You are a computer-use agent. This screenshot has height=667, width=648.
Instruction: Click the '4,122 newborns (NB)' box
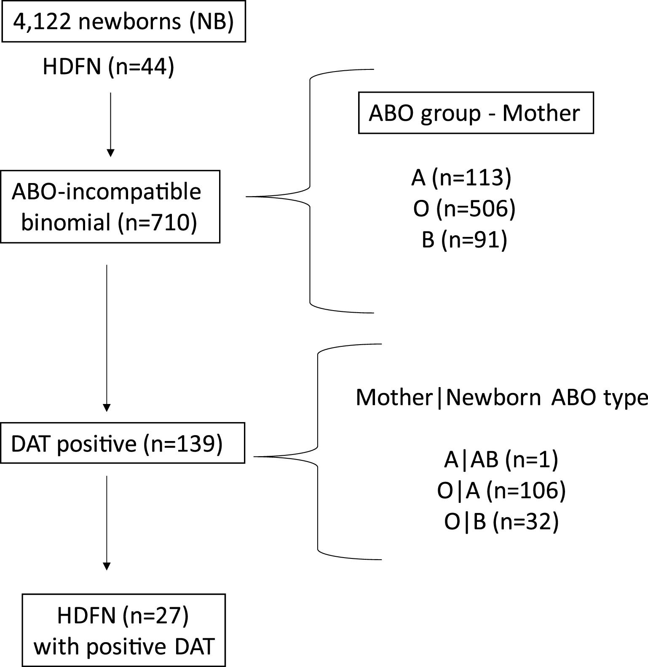point(123,21)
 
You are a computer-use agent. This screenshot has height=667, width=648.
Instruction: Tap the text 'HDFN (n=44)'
point(108,66)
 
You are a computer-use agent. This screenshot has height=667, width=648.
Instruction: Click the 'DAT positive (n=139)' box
point(122,443)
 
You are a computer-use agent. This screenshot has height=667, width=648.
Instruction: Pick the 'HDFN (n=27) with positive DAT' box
point(123,630)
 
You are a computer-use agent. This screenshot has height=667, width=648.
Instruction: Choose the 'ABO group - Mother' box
point(475,113)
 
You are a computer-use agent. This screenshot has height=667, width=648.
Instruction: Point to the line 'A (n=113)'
point(461,177)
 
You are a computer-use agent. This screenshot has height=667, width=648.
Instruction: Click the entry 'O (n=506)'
point(464,208)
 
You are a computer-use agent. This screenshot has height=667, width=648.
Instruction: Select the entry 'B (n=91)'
point(464,240)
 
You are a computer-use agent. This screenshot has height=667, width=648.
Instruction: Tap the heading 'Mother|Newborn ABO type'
point(501,397)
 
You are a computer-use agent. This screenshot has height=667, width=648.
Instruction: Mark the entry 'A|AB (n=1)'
point(501,459)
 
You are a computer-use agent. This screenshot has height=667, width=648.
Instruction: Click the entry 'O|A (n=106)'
point(501,490)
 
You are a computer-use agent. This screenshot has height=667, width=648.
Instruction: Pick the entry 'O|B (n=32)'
point(501,522)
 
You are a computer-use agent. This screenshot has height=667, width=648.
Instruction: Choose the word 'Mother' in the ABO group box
point(541,113)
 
